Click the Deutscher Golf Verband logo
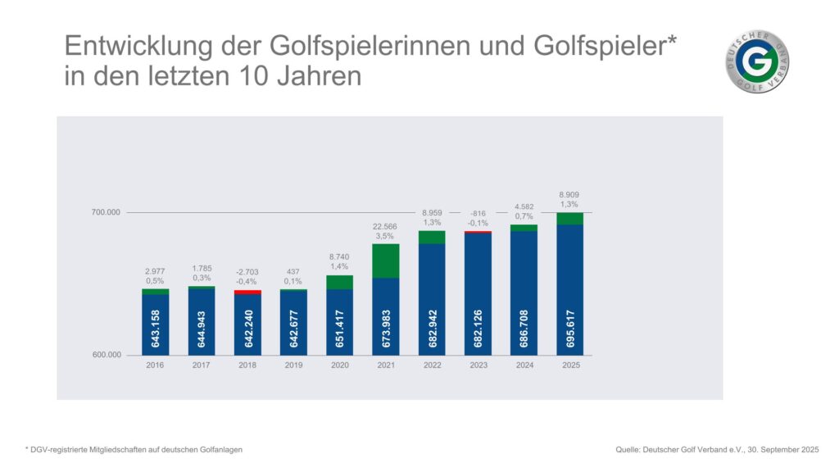pyautogui.click(x=757, y=62)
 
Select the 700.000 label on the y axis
pyautogui.click(x=106, y=213)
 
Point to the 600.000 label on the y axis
pyautogui.click(x=106, y=356)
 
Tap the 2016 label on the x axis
pyautogui.click(x=155, y=365)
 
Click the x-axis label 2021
pyautogui.click(x=385, y=365)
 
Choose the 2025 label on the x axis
pyautogui.click(x=569, y=365)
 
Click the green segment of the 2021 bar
pyautogui.click(x=385, y=261)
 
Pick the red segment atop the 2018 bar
pyautogui.click(x=247, y=292)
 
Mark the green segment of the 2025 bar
pyautogui.click(x=569, y=219)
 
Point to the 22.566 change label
pyautogui.click(x=385, y=225)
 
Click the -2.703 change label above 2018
pyautogui.click(x=247, y=271)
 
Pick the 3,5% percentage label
pyautogui.click(x=385, y=236)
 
